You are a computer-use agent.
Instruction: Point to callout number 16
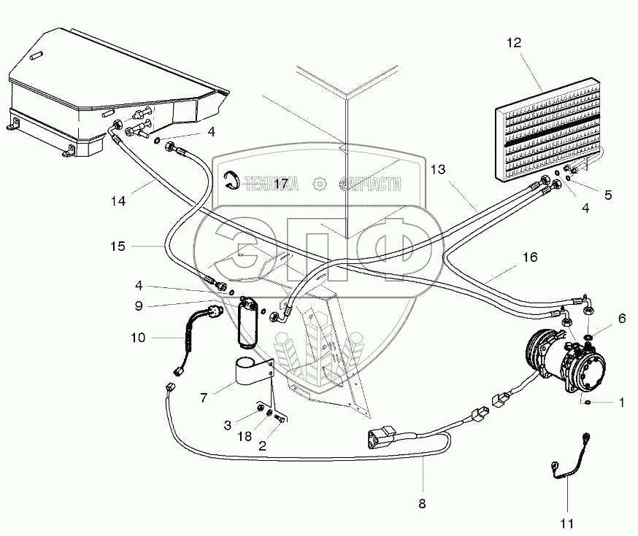[x=530, y=257]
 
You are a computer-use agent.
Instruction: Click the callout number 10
[x=139, y=338]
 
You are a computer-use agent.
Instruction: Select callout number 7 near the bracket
[x=205, y=398]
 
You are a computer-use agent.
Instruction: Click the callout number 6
[x=622, y=318]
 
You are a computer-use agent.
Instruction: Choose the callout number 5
[x=607, y=195]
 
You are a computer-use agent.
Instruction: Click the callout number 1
[x=621, y=402]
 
